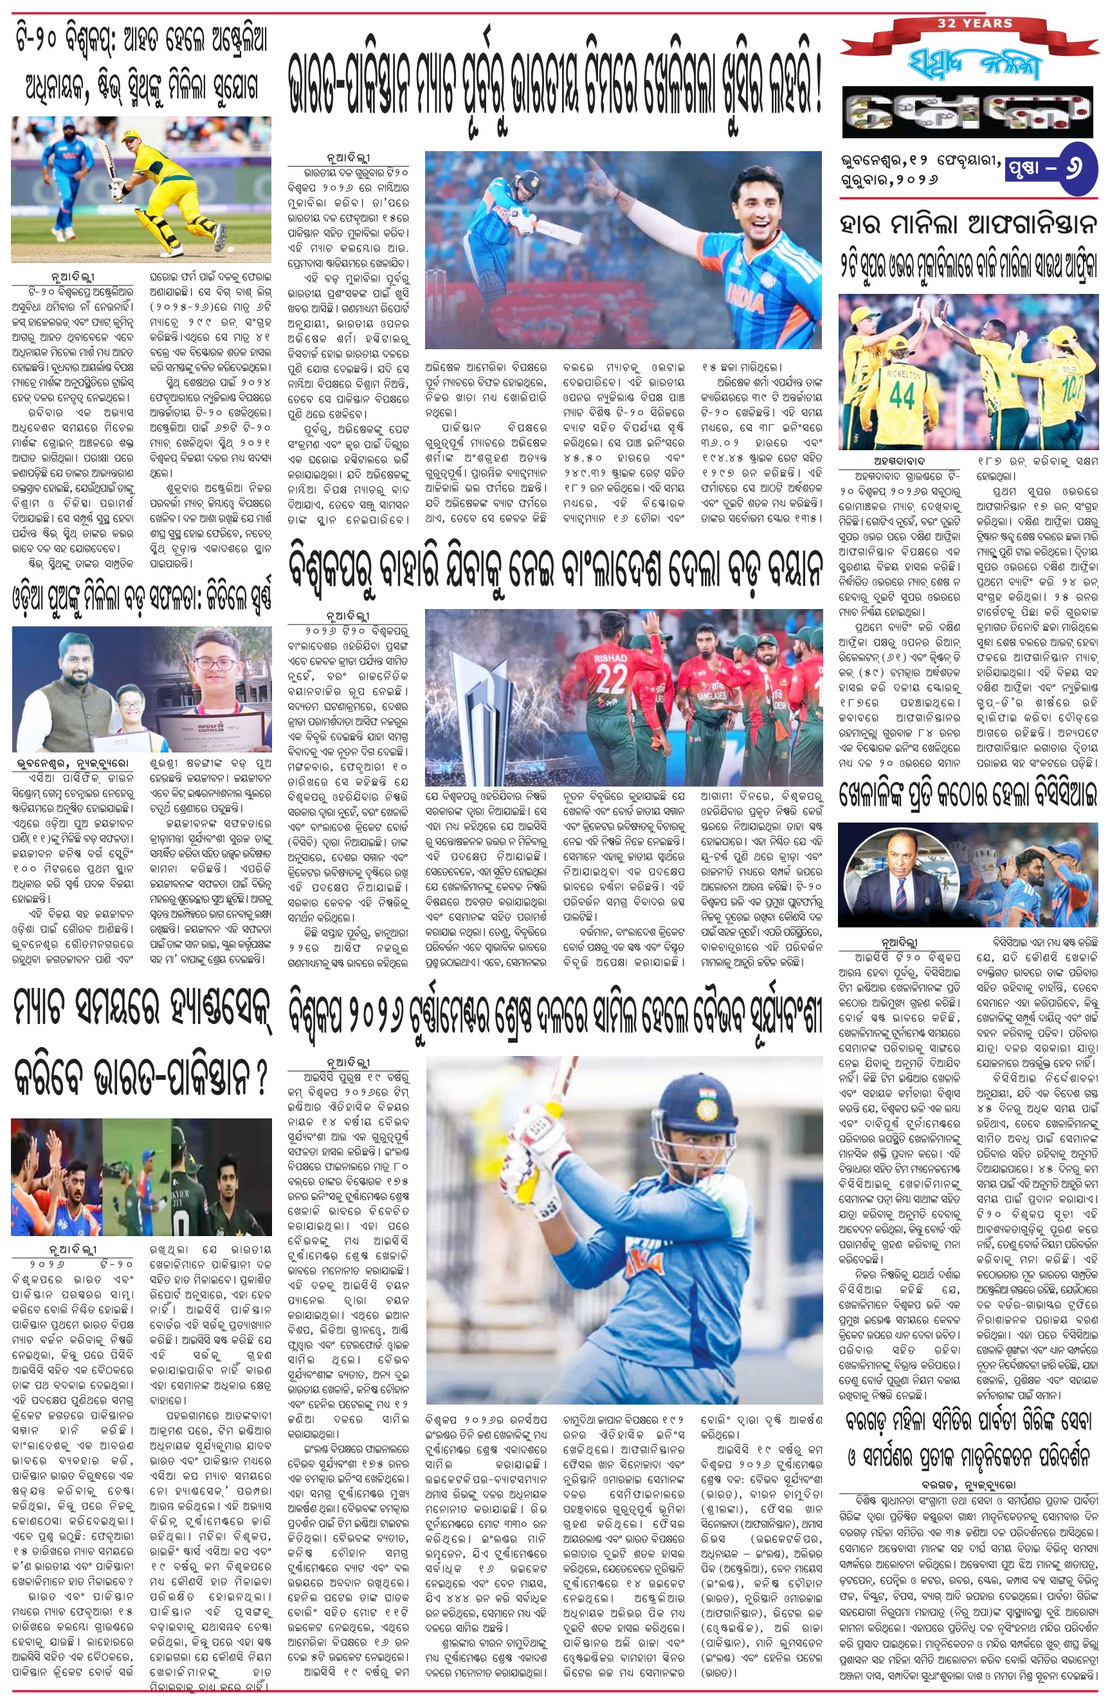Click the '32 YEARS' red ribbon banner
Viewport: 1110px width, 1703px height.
[x=973, y=24]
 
